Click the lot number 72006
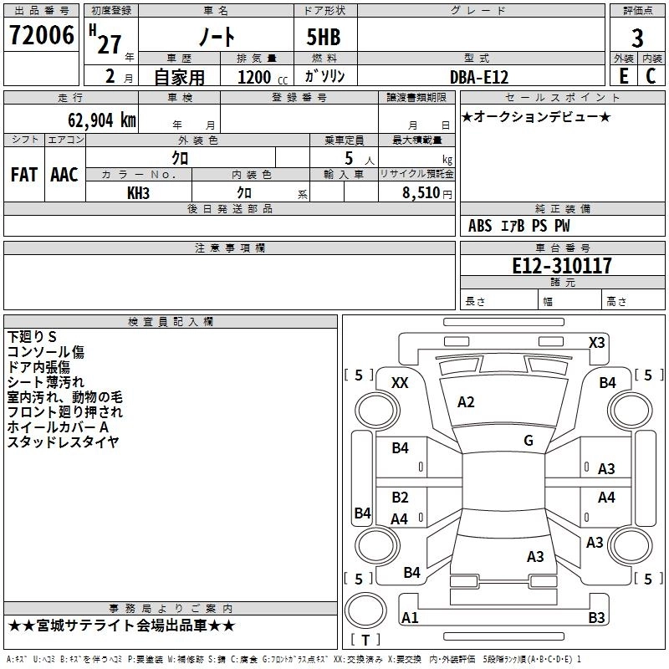click(x=41, y=37)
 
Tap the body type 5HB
click(x=317, y=38)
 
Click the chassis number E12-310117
click(x=562, y=266)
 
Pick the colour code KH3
click(x=138, y=192)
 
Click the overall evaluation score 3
click(x=637, y=38)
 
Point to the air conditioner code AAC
click(x=64, y=175)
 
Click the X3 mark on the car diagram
click(x=597, y=342)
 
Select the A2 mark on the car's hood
click(x=466, y=402)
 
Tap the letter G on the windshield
click(x=529, y=441)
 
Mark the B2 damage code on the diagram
click(x=401, y=498)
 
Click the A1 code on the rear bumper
click(x=410, y=618)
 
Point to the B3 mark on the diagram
click(x=596, y=618)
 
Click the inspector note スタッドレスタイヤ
click(x=63, y=442)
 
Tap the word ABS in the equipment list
click(x=480, y=226)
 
